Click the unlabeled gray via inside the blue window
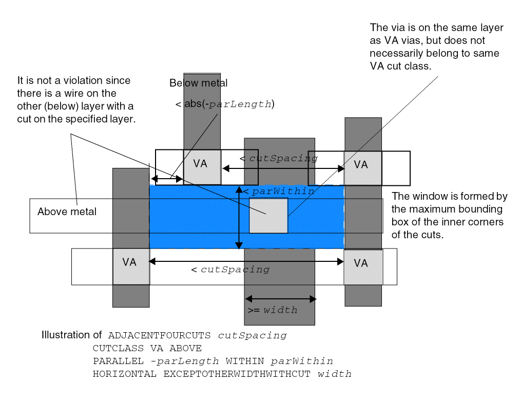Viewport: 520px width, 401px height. point(268,216)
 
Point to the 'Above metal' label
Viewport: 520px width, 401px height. point(67,212)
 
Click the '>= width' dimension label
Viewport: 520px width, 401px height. point(272,310)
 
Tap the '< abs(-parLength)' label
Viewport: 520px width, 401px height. point(224,104)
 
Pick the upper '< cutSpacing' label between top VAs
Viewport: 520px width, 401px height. point(278,158)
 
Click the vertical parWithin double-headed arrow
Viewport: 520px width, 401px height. point(238,218)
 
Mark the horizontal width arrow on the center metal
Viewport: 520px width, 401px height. point(280,298)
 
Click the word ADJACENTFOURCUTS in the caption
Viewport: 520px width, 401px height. point(159,336)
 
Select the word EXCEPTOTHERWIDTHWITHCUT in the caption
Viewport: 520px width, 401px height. point(237,374)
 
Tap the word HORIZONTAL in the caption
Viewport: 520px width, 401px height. point(124,374)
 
